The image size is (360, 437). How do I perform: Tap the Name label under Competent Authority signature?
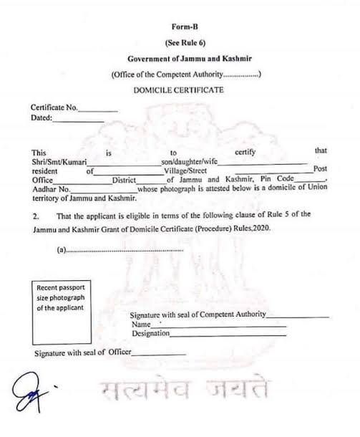pos(140,324)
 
